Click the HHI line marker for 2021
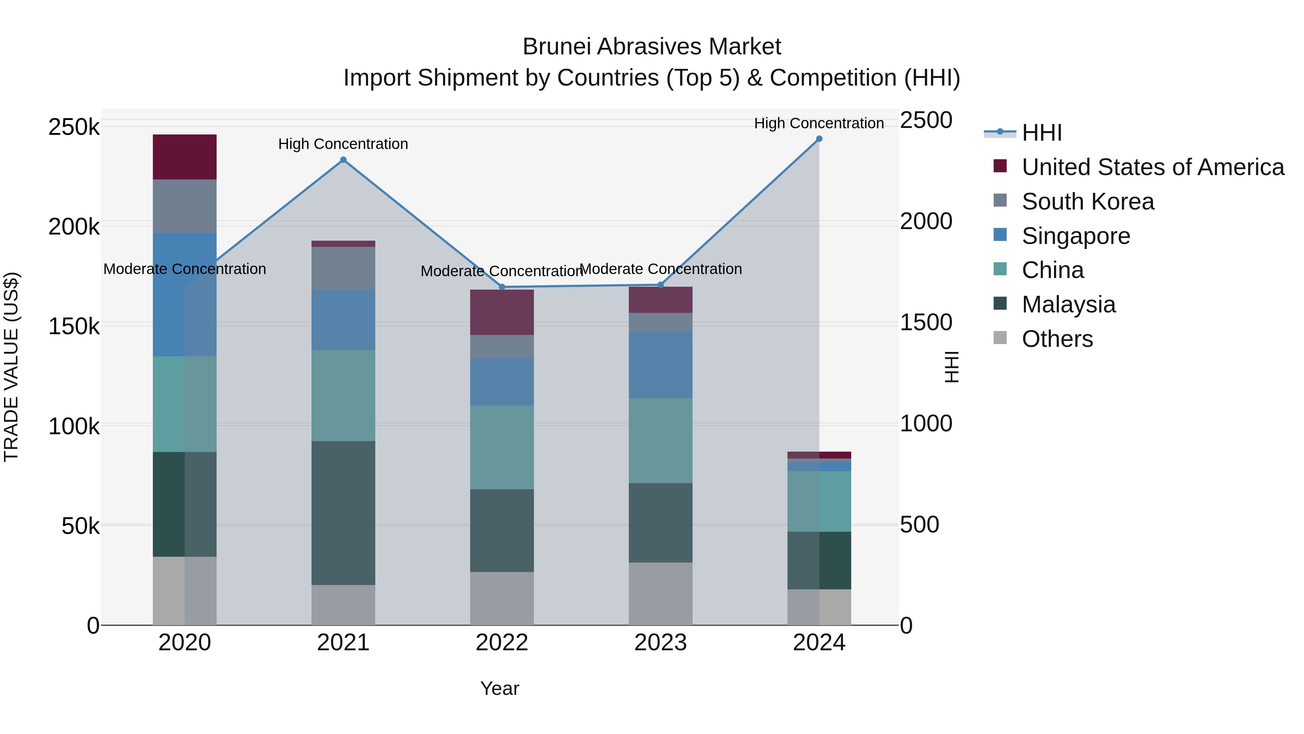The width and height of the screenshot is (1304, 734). [x=343, y=160]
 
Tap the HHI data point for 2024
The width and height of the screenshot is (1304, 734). [x=819, y=139]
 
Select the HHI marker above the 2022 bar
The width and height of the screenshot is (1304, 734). [x=502, y=287]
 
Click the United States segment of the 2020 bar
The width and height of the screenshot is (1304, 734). [x=185, y=157]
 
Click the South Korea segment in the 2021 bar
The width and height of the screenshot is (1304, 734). [x=343, y=268]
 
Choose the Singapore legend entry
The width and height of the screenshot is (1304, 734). [x=1076, y=236]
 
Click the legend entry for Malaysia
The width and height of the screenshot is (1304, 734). [x=1068, y=304]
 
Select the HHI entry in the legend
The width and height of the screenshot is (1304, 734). [x=1041, y=133]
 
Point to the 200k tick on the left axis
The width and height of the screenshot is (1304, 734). [x=74, y=227]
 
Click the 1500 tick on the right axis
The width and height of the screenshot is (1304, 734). [x=926, y=323]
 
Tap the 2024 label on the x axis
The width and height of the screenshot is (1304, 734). [x=819, y=643]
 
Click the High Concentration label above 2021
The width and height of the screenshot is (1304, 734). [x=343, y=144]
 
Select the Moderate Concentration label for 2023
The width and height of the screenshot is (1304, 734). [x=661, y=269]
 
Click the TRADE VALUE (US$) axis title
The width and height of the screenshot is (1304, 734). [x=11, y=367]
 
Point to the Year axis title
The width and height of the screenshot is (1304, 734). [x=500, y=688]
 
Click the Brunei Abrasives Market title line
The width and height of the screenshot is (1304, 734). [x=652, y=47]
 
